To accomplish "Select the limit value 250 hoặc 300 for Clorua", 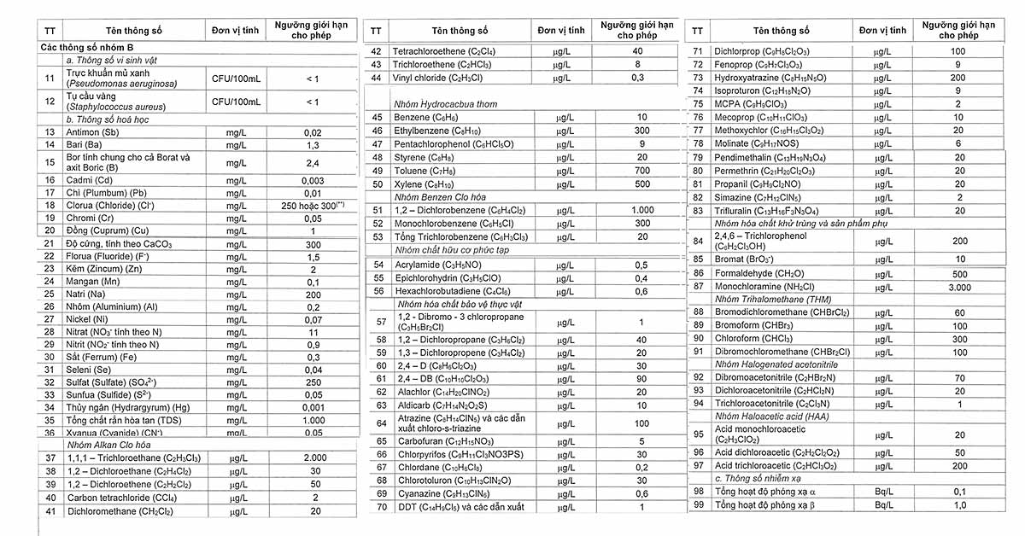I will (313, 206).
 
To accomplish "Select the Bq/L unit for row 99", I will (882, 504).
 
